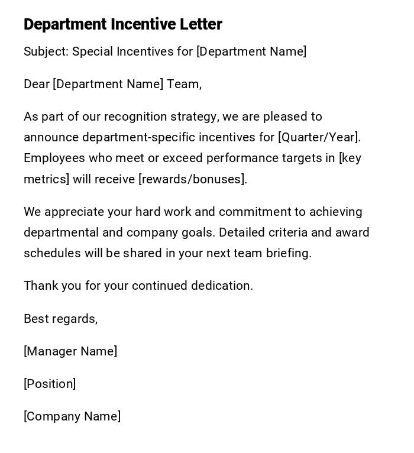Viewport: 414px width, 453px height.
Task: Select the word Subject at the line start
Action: (x=46, y=52)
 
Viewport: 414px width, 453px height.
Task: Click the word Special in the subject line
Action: (x=92, y=51)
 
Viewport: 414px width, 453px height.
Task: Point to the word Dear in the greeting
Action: (x=36, y=84)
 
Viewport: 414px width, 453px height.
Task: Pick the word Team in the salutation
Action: (x=183, y=84)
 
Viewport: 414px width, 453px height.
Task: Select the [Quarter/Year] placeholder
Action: (x=319, y=137)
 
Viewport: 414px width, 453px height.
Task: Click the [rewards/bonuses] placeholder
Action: (x=192, y=179)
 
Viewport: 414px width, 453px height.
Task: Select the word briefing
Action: (x=288, y=253)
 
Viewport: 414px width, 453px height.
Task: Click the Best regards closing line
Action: (x=60, y=319)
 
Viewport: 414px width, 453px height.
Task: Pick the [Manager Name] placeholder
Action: (x=70, y=351)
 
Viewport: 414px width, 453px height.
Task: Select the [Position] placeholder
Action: (x=50, y=384)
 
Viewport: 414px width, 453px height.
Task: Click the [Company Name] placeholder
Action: (x=72, y=416)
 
